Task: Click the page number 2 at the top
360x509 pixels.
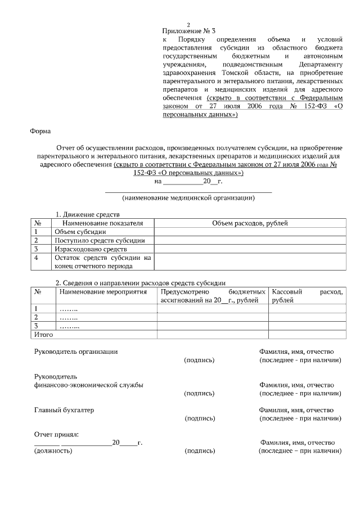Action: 188,24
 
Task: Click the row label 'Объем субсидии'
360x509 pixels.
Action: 80,232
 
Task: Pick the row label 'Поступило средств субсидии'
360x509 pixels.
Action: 99,240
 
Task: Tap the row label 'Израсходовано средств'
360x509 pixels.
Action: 91,249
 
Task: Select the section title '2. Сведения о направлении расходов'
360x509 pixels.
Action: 141,282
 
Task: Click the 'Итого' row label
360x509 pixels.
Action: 44,335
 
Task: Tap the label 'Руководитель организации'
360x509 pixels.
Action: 76,352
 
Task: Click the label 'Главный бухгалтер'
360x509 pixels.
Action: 64,410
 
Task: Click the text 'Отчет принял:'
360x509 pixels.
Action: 56,434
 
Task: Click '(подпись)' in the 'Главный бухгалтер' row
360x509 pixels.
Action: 199,418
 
